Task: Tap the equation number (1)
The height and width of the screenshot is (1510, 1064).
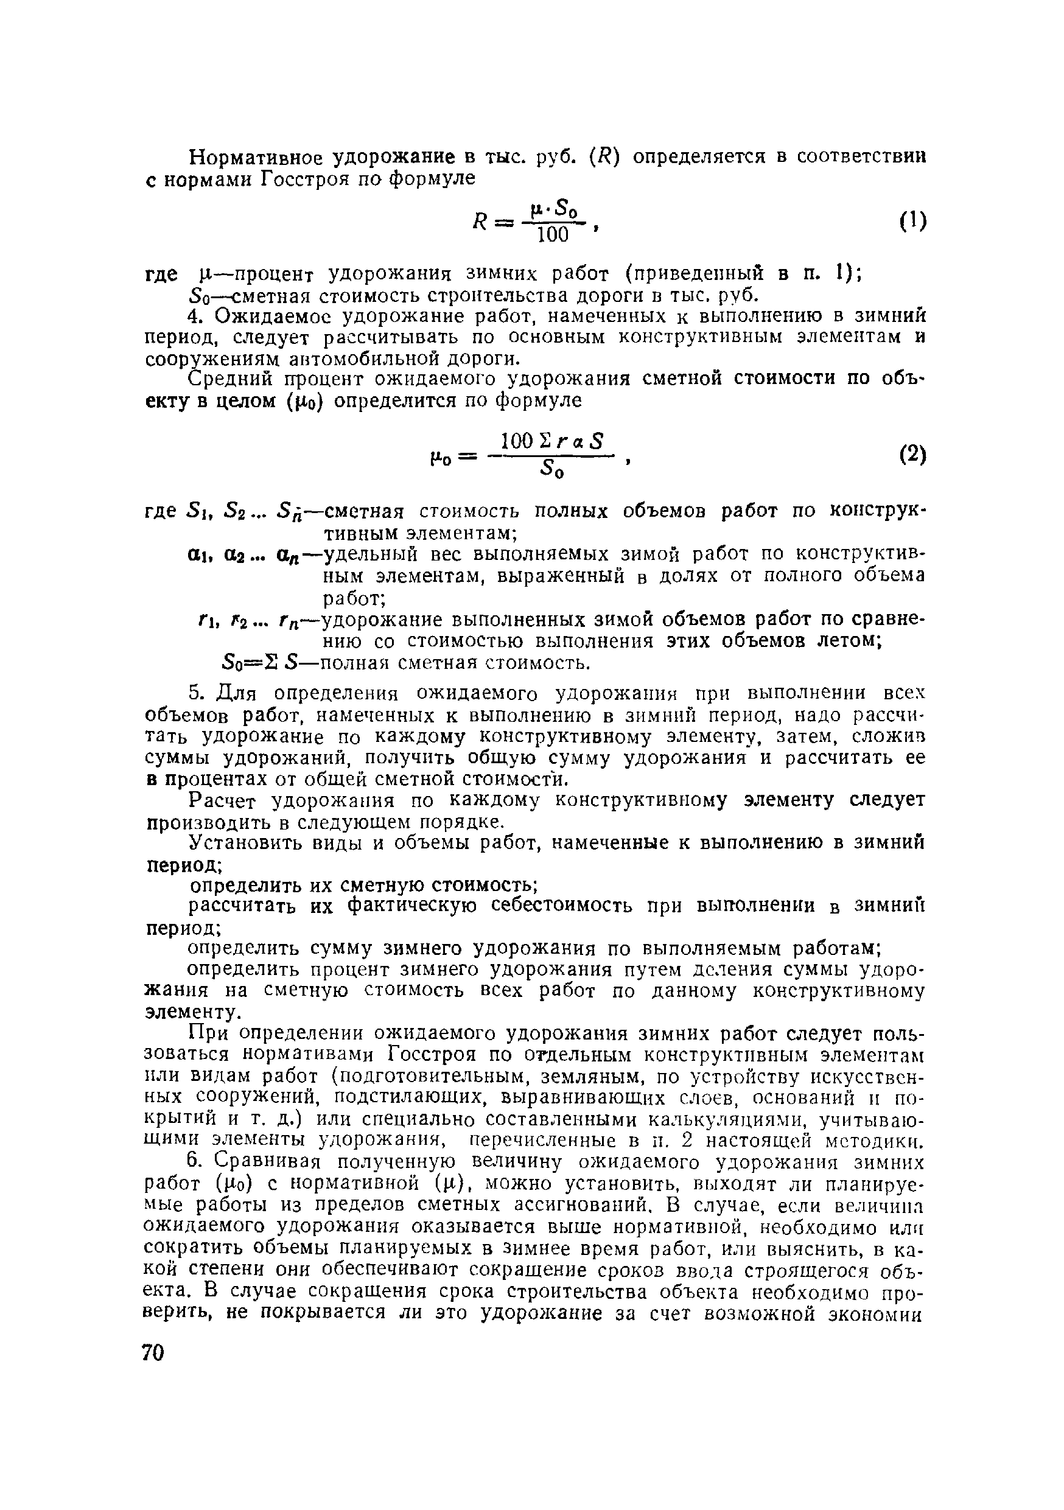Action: (913, 221)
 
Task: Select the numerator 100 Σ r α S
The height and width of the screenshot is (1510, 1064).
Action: (552, 441)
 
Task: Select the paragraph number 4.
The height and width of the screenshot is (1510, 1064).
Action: (194, 316)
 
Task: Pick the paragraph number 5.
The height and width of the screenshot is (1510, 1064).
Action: (194, 693)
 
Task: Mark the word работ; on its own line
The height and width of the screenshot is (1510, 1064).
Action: (353, 598)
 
